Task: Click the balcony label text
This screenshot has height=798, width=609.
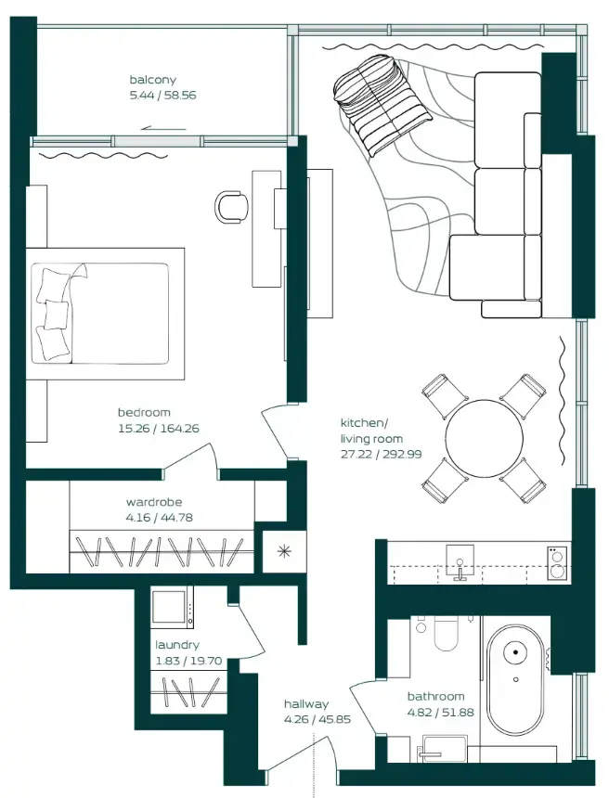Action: click(x=152, y=80)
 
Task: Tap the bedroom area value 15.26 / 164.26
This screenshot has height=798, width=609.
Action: click(x=158, y=429)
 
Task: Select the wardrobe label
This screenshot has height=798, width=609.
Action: click(x=154, y=502)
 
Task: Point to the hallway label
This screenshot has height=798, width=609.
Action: click(x=306, y=703)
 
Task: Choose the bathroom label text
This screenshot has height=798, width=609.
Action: click(x=435, y=696)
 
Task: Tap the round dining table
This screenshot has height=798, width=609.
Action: click(x=483, y=437)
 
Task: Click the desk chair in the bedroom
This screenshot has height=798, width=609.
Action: click(x=231, y=206)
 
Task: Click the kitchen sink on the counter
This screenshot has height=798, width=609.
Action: click(x=459, y=561)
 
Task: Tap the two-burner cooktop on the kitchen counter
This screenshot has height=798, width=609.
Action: click(x=557, y=562)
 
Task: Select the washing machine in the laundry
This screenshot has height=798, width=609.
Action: click(x=172, y=610)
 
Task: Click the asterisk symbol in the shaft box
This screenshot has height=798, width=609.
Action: click(x=280, y=550)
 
